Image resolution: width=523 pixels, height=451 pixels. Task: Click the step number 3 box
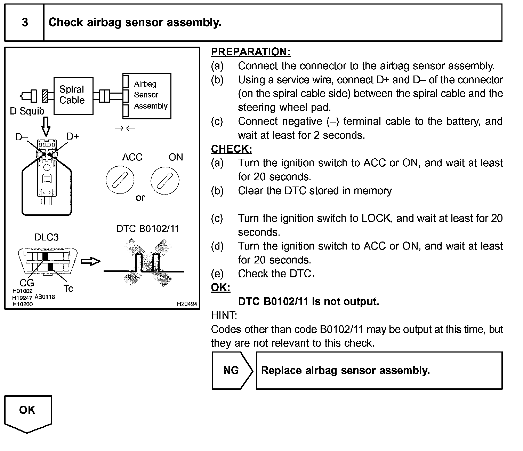(24, 23)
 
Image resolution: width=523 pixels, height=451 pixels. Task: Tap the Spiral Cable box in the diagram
(73, 96)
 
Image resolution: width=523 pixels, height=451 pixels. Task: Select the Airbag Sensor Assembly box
(147, 96)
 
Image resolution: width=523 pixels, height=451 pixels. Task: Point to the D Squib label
(27, 111)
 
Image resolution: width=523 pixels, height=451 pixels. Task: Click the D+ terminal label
(73, 136)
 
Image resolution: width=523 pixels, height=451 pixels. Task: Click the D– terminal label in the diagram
(22, 137)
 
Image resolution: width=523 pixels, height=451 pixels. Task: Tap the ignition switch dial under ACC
(120, 180)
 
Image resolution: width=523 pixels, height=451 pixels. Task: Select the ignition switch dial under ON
(165, 180)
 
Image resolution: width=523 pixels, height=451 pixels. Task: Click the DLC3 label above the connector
(46, 237)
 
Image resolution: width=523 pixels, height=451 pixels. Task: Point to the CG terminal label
(27, 283)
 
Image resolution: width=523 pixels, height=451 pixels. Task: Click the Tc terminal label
(68, 288)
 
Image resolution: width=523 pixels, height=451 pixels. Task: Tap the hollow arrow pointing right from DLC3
(90, 261)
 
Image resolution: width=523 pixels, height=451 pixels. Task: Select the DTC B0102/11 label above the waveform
(147, 229)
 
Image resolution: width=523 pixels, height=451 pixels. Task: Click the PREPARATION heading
(250, 52)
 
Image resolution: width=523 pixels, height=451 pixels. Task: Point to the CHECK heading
(231, 149)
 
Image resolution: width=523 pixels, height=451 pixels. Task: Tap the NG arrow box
(232, 370)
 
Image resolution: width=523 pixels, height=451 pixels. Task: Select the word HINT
(224, 316)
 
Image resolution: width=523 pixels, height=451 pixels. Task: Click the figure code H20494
(187, 304)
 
